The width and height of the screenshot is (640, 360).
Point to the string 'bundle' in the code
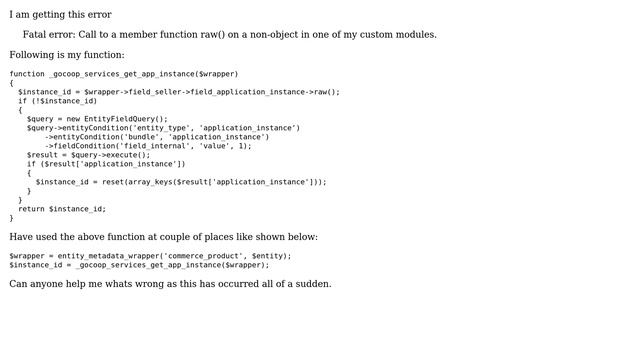[141, 137]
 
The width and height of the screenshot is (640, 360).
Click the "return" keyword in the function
[31, 209]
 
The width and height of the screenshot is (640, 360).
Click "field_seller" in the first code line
[157, 92]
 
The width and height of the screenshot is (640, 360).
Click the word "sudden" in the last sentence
[312, 284]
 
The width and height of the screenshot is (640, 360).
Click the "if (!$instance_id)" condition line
[58, 101]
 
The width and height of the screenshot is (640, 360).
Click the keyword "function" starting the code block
[27, 74]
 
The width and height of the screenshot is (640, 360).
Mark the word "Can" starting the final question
[19, 284]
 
